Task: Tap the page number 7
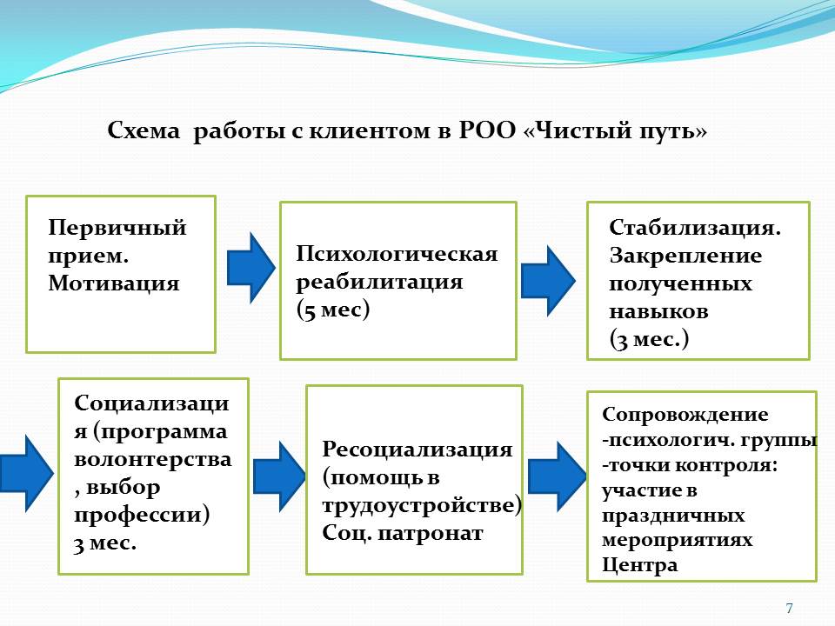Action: (x=789, y=608)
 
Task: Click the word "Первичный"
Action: (x=117, y=228)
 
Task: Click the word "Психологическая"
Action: (x=397, y=254)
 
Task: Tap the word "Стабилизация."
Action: (x=695, y=228)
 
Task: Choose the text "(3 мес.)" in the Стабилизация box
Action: (x=649, y=339)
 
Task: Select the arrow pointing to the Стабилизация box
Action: (x=548, y=280)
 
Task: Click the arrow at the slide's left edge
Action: (x=24, y=474)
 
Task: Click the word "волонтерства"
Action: (x=153, y=460)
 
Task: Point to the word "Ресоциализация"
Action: (x=417, y=450)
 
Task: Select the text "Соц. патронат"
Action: (x=402, y=533)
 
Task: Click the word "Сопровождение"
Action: (x=685, y=415)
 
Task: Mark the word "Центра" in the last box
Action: (x=639, y=565)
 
